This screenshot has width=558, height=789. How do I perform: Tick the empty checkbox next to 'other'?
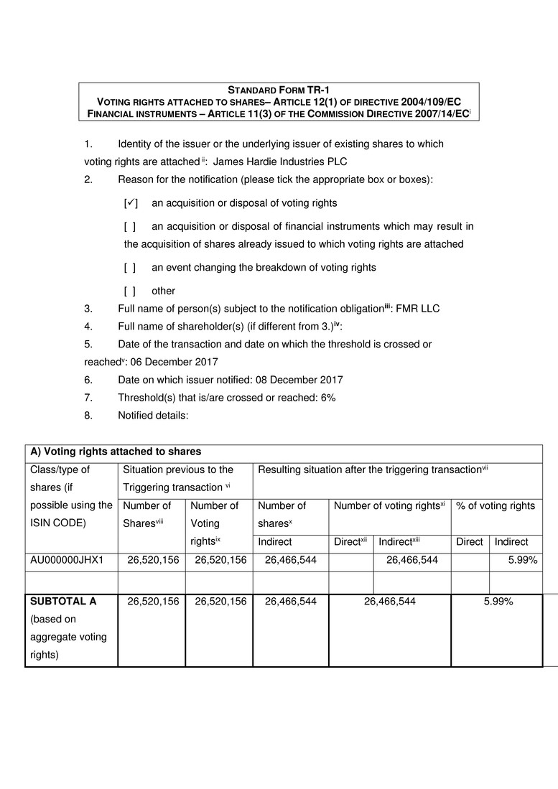pyautogui.click(x=130, y=291)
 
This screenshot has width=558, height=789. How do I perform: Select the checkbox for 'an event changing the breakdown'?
pyautogui.click(x=130, y=267)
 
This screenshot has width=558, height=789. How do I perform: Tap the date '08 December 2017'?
pyautogui.click(x=299, y=380)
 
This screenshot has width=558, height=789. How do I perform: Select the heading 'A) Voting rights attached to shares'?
pyautogui.click(x=116, y=452)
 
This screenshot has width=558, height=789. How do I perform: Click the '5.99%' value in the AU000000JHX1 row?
pyautogui.click(x=523, y=560)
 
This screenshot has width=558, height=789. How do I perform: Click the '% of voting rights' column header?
pyautogui.click(x=496, y=505)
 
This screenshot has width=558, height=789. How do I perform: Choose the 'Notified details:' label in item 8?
pyautogui.click(x=153, y=415)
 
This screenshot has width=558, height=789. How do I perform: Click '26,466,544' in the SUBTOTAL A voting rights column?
pyautogui.click(x=390, y=602)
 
